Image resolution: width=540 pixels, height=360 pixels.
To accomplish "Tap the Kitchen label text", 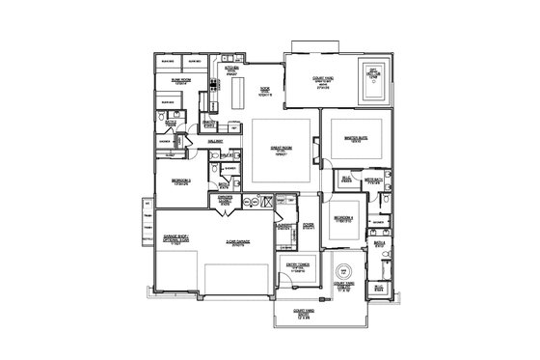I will (231, 69).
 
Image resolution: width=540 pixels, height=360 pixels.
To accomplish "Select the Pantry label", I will (209, 122).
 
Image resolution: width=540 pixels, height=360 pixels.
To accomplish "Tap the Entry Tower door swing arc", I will (294, 285).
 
